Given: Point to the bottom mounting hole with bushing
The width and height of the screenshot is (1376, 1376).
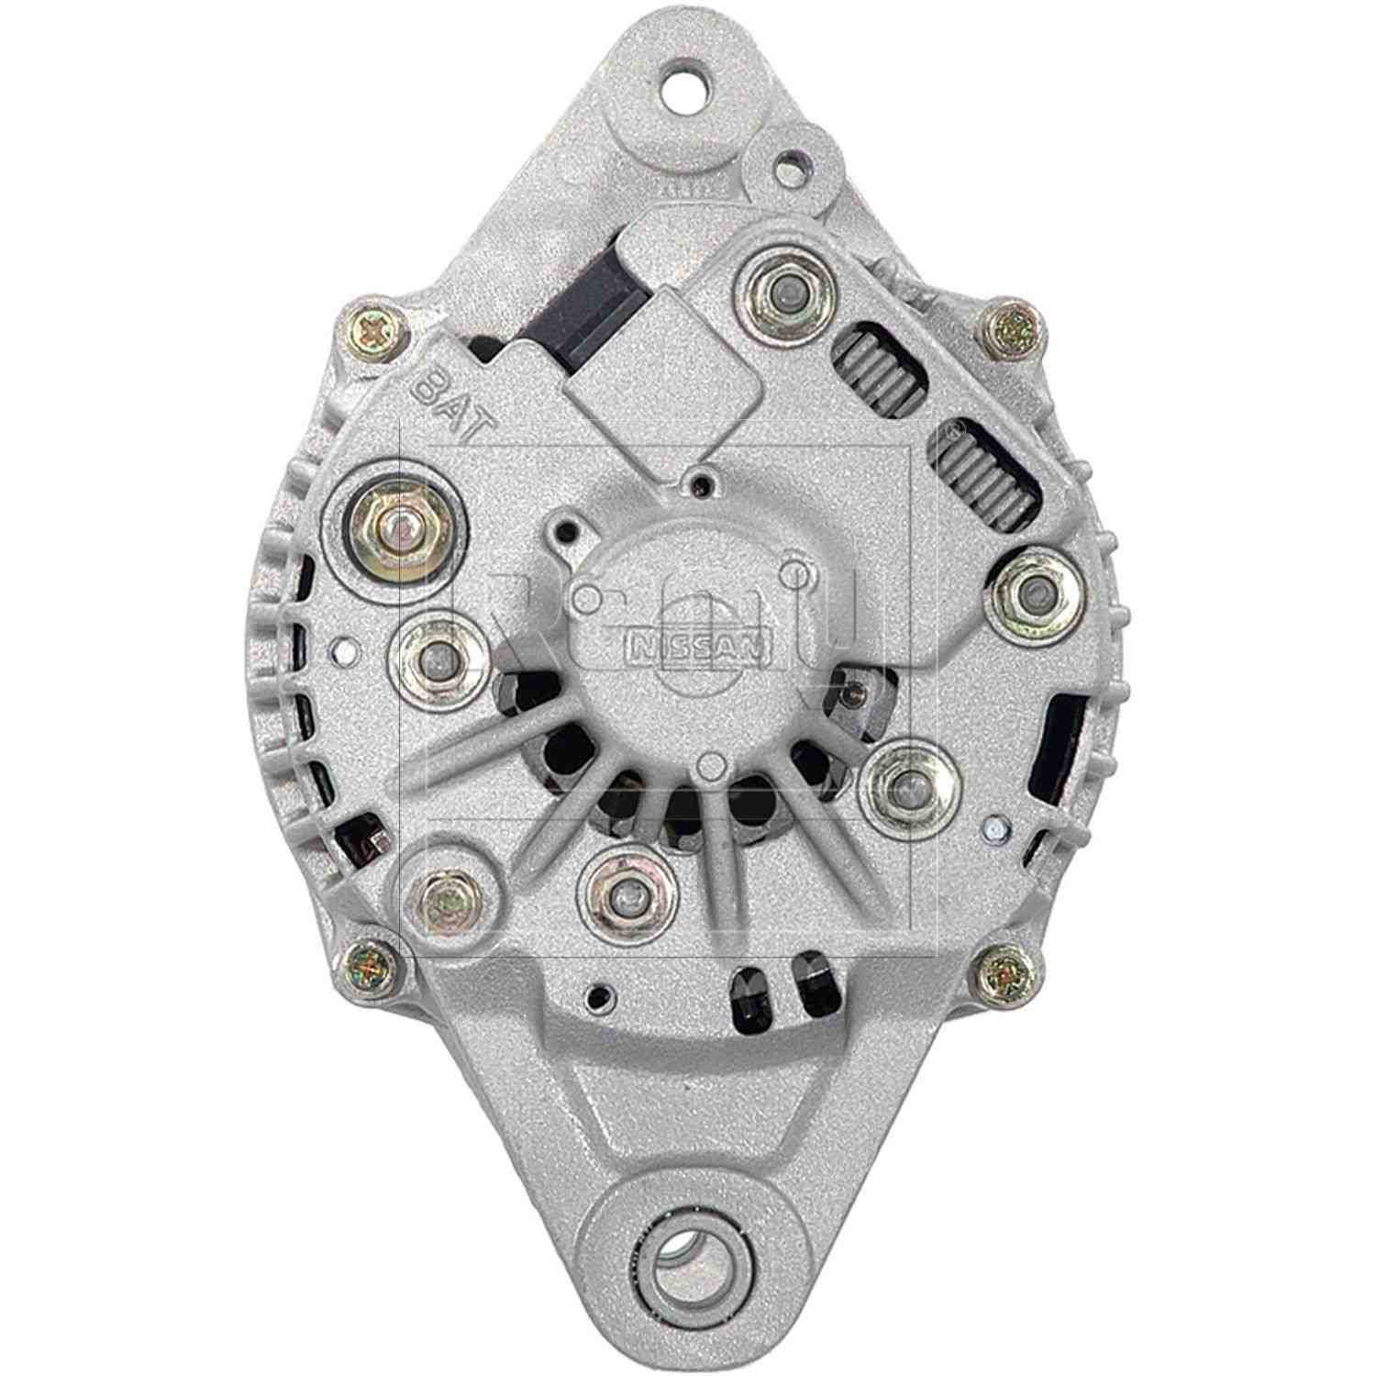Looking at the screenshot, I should [684, 1251].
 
